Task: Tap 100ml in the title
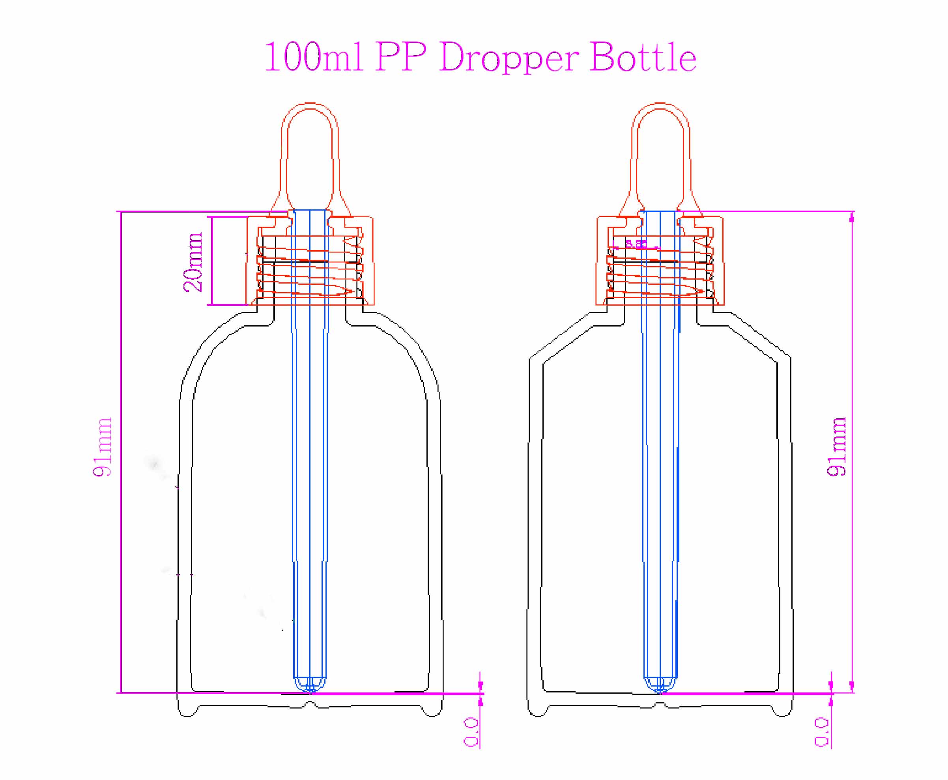pyautogui.click(x=313, y=57)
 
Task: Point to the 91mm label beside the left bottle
pyautogui.click(x=102, y=447)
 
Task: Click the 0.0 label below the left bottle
pyautogui.click(x=470, y=732)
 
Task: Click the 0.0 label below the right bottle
pyautogui.click(x=821, y=732)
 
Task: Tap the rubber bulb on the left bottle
pyautogui.click(x=310, y=153)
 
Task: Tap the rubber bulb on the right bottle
pyautogui.click(x=660, y=153)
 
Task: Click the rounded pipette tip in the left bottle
pyautogui.click(x=310, y=686)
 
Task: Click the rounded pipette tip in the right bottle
pyautogui.click(x=660, y=686)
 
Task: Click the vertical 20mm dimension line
pyautogui.click(x=212, y=261)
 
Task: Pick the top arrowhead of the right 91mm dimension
pyautogui.click(x=851, y=218)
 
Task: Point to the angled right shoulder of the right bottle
pyautogui.click(x=760, y=335)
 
